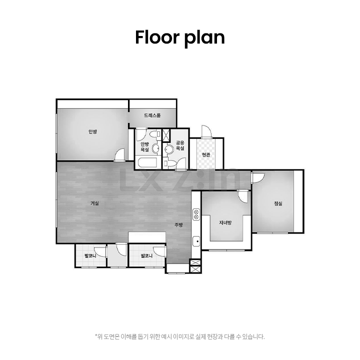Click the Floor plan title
pyautogui.click(x=180, y=37)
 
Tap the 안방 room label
pyautogui.click(x=93, y=131)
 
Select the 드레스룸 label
pyautogui.click(x=152, y=115)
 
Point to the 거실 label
pyautogui.click(x=94, y=203)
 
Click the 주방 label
pyautogui.click(x=178, y=225)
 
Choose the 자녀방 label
pyautogui.click(x=225, y=222)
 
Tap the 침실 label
pyautogui.click(x=278, y=203)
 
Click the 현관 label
pyautogui.click(x=206, y=154)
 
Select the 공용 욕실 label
pyautogui.click(x=180, y=145)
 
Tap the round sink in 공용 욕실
pyautogui.click(x=169, y=149)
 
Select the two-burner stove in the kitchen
pyautogui.click(x=196, y=214)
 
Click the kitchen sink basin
pyautogui.click(x=196, y=241)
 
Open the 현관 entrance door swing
pyautogui.click(x=206, y=131)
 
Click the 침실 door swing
pyautogui.click(x=258, y=177)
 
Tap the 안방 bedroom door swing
pyautogui.click(x=119, y=155)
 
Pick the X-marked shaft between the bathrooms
pyautogui.click(x=165, y=135)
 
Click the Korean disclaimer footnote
pyautogui.click(x=180, y=337)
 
